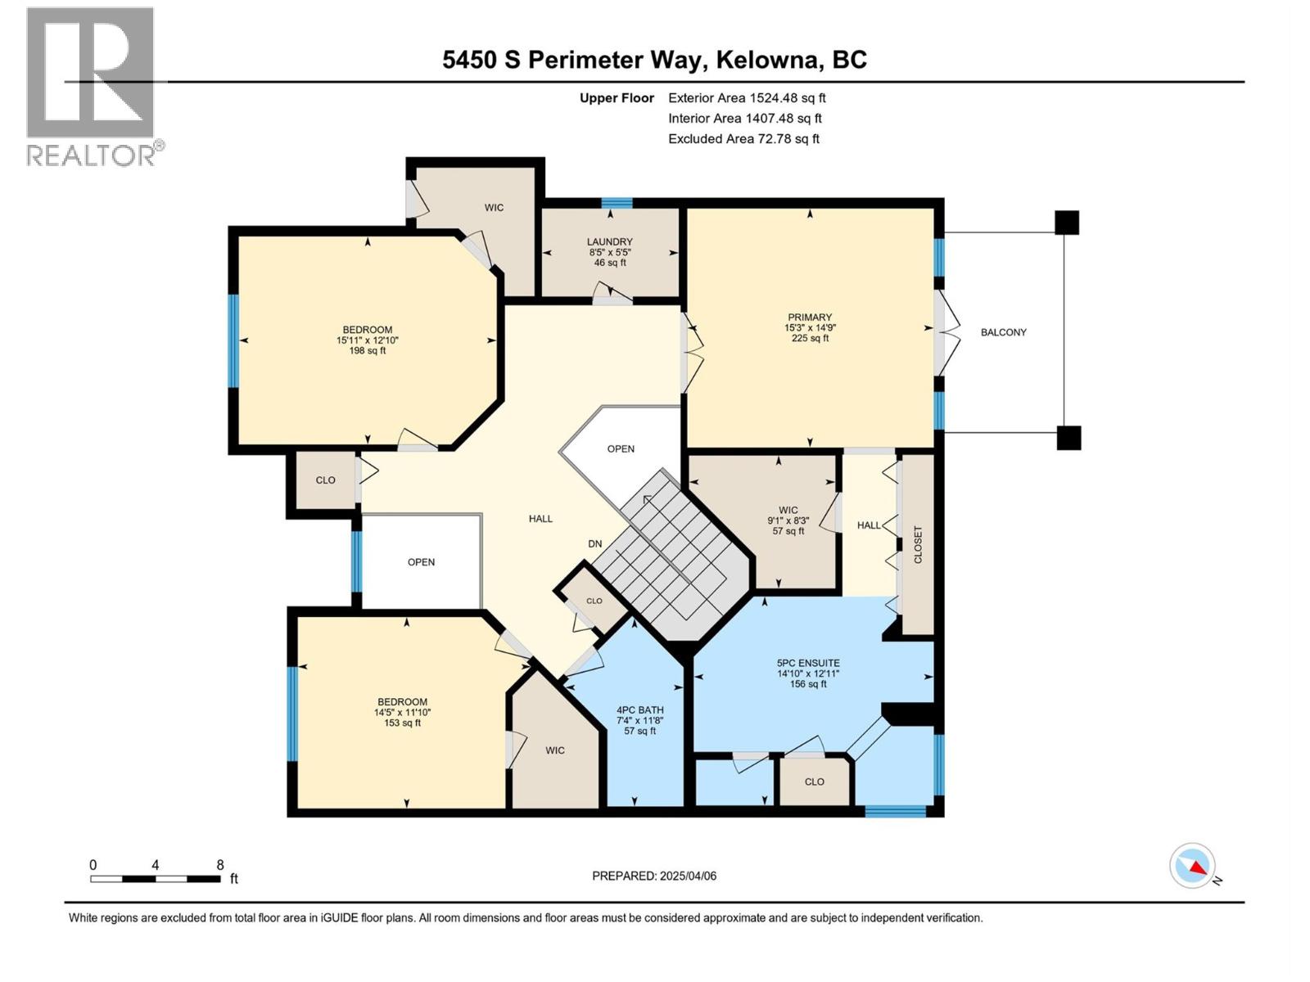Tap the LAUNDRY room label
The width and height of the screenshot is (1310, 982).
click(609, 242)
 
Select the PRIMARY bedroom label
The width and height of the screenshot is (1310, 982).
click(810, 318)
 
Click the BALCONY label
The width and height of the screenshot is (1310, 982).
click(1003, 332)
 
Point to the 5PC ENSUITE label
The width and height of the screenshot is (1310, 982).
click(808, 664)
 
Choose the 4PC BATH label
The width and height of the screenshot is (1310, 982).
click(639, 710)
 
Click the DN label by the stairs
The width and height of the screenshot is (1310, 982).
click(595, 543)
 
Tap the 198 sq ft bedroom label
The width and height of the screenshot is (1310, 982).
click(367, 340)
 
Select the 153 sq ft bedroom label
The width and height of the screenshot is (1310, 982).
click(402, 712)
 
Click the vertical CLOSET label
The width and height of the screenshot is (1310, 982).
click(918, 545)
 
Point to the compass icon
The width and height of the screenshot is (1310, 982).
click(1193, 866)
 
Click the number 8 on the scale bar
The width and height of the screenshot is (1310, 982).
click(219, 865)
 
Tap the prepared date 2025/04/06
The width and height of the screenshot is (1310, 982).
click(687, 876)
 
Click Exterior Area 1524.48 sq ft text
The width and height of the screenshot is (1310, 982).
click(747, 98)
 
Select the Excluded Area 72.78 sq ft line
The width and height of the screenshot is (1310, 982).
click(743, 139)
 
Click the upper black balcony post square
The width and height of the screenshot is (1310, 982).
click(1066, 223)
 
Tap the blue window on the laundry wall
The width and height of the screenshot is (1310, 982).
click(617, 203)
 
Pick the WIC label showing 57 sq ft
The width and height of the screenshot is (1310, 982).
click(788, 520)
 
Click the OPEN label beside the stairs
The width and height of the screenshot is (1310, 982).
click(621, 448)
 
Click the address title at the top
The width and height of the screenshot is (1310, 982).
click(654, 60)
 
